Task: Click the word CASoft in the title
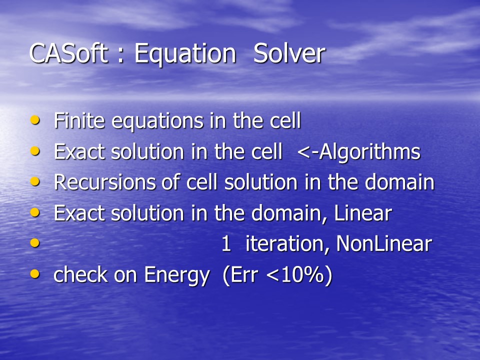[x=68, y=53]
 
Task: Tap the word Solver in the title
[x=289, y=53]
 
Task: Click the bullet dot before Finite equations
[x=35, y=119]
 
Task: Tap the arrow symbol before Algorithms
[x=307, y=152]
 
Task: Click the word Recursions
[x=104, y=182]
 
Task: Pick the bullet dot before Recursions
[x=35, y=181]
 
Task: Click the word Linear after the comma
[x=363, y=213]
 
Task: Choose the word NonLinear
[x=384, y=244]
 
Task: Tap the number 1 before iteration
[x=226, y=244]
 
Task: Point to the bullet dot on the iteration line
[x=35, y=243]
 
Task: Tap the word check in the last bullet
[x=80, y=274]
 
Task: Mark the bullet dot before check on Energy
[x=35, y=273]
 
